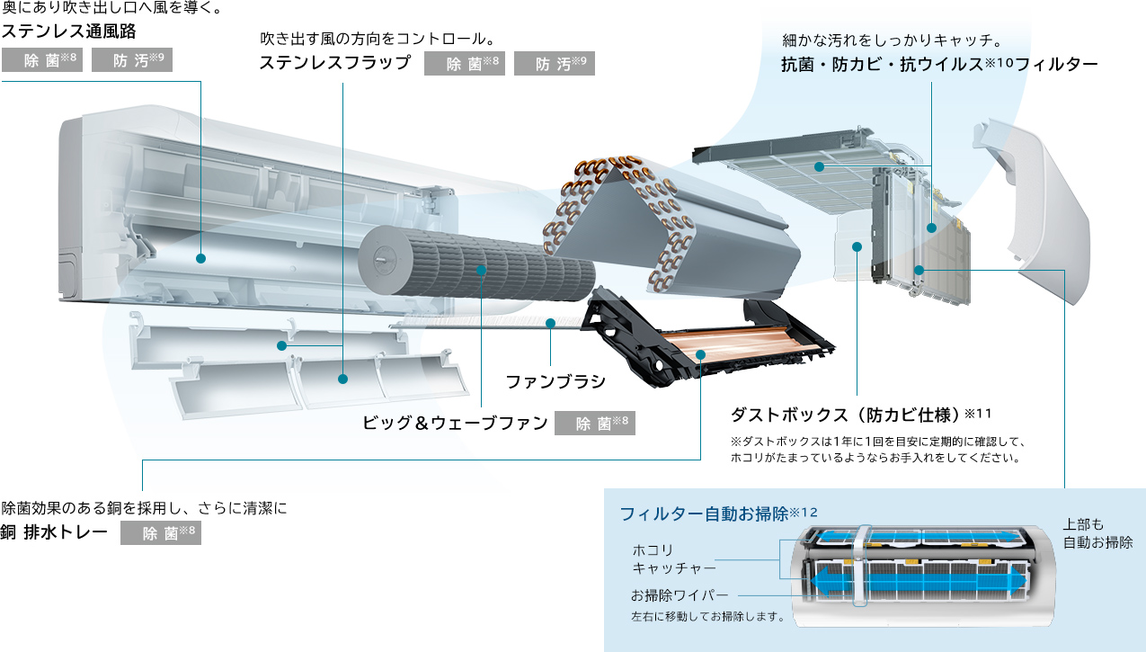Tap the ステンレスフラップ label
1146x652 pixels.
[x=334, y=64]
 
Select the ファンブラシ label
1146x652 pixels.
[x=555, y=382]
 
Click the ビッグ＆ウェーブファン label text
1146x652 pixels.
[x=455, y=424]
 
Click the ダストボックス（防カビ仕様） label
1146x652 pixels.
[x=846, y=415]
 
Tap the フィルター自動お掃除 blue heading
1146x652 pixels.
[x=704, y=514]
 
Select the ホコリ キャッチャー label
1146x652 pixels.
[x=674, y=558]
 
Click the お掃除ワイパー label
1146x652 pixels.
[x=680, y=595]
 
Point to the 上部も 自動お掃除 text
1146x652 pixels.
[x=1097, y=533]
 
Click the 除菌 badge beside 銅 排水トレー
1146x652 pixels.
[x=161, y=533]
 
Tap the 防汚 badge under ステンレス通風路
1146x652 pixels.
[x=131, y=61]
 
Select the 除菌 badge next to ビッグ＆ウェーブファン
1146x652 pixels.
[x=595, y=424]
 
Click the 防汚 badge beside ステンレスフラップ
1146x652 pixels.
[x=555, y=64]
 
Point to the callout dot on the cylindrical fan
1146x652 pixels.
[x=482, y=270]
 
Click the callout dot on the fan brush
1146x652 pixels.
[x=550, y=323]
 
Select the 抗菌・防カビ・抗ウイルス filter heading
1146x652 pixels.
[x=939, y=65]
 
